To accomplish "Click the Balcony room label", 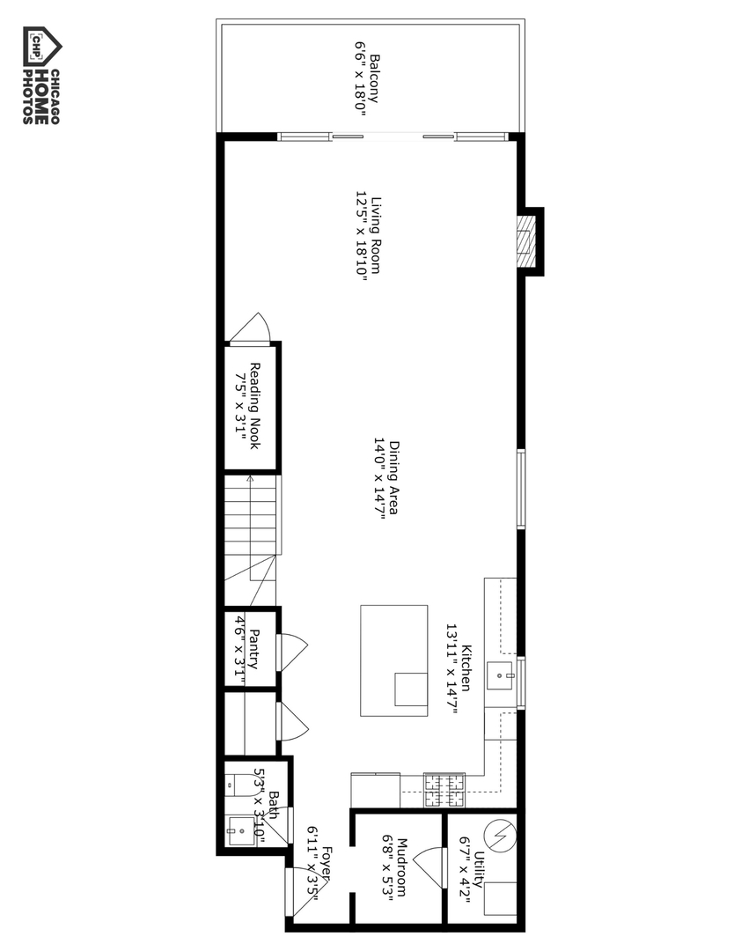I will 368,79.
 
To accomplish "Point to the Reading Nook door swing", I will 252,328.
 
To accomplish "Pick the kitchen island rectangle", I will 393,655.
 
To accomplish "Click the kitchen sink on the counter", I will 506,676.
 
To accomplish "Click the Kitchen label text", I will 459,668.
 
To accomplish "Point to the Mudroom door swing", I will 429,866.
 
